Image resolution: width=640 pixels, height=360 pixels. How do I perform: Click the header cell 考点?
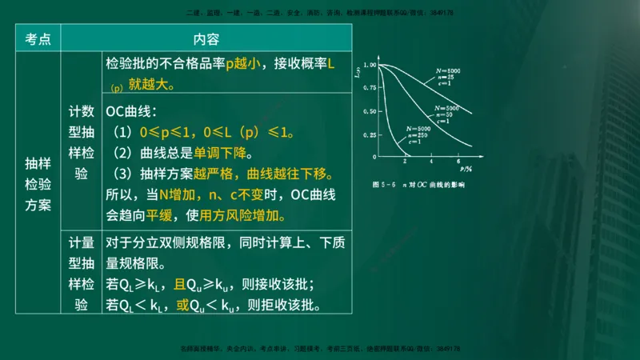tap(38, 39)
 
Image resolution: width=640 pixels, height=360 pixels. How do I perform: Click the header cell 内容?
tap(206, 39)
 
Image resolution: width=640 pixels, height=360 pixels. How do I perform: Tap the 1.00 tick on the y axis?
tap(369, 65)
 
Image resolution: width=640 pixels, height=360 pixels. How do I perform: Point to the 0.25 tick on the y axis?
tap(368, 134)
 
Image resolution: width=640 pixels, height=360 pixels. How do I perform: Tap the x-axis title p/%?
tap(466, 170)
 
